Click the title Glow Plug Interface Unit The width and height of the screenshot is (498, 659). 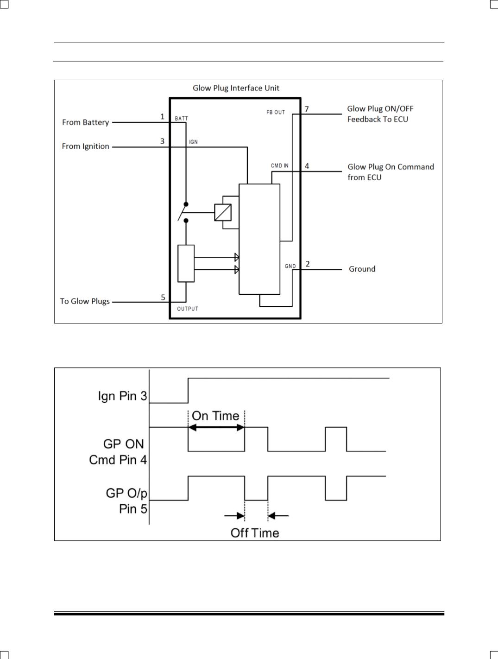(236, 88)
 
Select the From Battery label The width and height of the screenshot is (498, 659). (86, 122)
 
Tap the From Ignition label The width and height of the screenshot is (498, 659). (86, 146)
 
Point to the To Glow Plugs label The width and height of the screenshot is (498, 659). (85, 301)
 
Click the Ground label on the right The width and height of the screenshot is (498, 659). (362, 269)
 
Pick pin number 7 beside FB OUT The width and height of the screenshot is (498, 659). (307, 109)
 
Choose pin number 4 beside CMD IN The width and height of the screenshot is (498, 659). (307, 166)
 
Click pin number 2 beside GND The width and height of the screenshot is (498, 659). (308, 264)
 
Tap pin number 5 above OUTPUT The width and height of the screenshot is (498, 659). (163, 298)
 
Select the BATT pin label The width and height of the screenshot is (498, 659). (182, 119)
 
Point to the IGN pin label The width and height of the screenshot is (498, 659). (193, 142)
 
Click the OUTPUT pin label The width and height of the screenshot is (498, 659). (188, 309)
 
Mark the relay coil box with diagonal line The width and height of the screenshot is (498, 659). (223, 212)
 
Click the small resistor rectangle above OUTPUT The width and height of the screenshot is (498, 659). (186, 263)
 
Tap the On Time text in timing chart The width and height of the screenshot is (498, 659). (215, 416)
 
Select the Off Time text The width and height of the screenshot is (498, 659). (255, 532)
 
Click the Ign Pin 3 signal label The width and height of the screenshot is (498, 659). (122, 396)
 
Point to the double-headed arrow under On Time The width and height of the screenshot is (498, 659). (216, 428)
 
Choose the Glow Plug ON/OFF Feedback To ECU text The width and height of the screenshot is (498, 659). (380, 114)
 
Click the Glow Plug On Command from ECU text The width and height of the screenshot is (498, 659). (391, 172)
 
